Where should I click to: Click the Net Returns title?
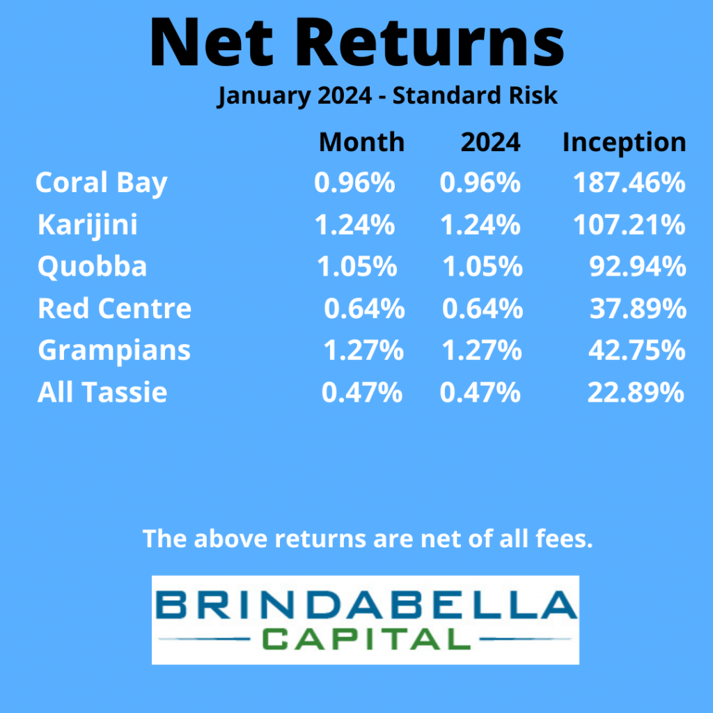click(x=357, y=43)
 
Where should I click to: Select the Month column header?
click(x=361, y=142)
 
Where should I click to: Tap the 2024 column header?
click(x=490, y=142)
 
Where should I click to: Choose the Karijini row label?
click(x=88, y=225)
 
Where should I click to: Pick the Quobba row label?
click(x=93, y=267)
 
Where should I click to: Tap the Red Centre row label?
click(x=115, y=308)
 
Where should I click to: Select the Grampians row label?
click(x=114, y=351)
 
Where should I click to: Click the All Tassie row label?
click(x=102, y=393)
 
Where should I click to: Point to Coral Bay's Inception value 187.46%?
click(x=629, y=183)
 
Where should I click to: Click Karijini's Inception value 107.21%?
click(x=629, y=225)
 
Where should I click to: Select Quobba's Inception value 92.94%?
click(x=638, y=267)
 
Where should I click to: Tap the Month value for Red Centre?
click(x=364, y=308)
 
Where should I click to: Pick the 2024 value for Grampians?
click(x=482, y=351)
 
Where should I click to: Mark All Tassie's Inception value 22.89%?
click(x=636, y=393)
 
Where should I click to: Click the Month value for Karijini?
click(x=354, y=225)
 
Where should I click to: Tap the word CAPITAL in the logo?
click(x=366, y=639)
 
